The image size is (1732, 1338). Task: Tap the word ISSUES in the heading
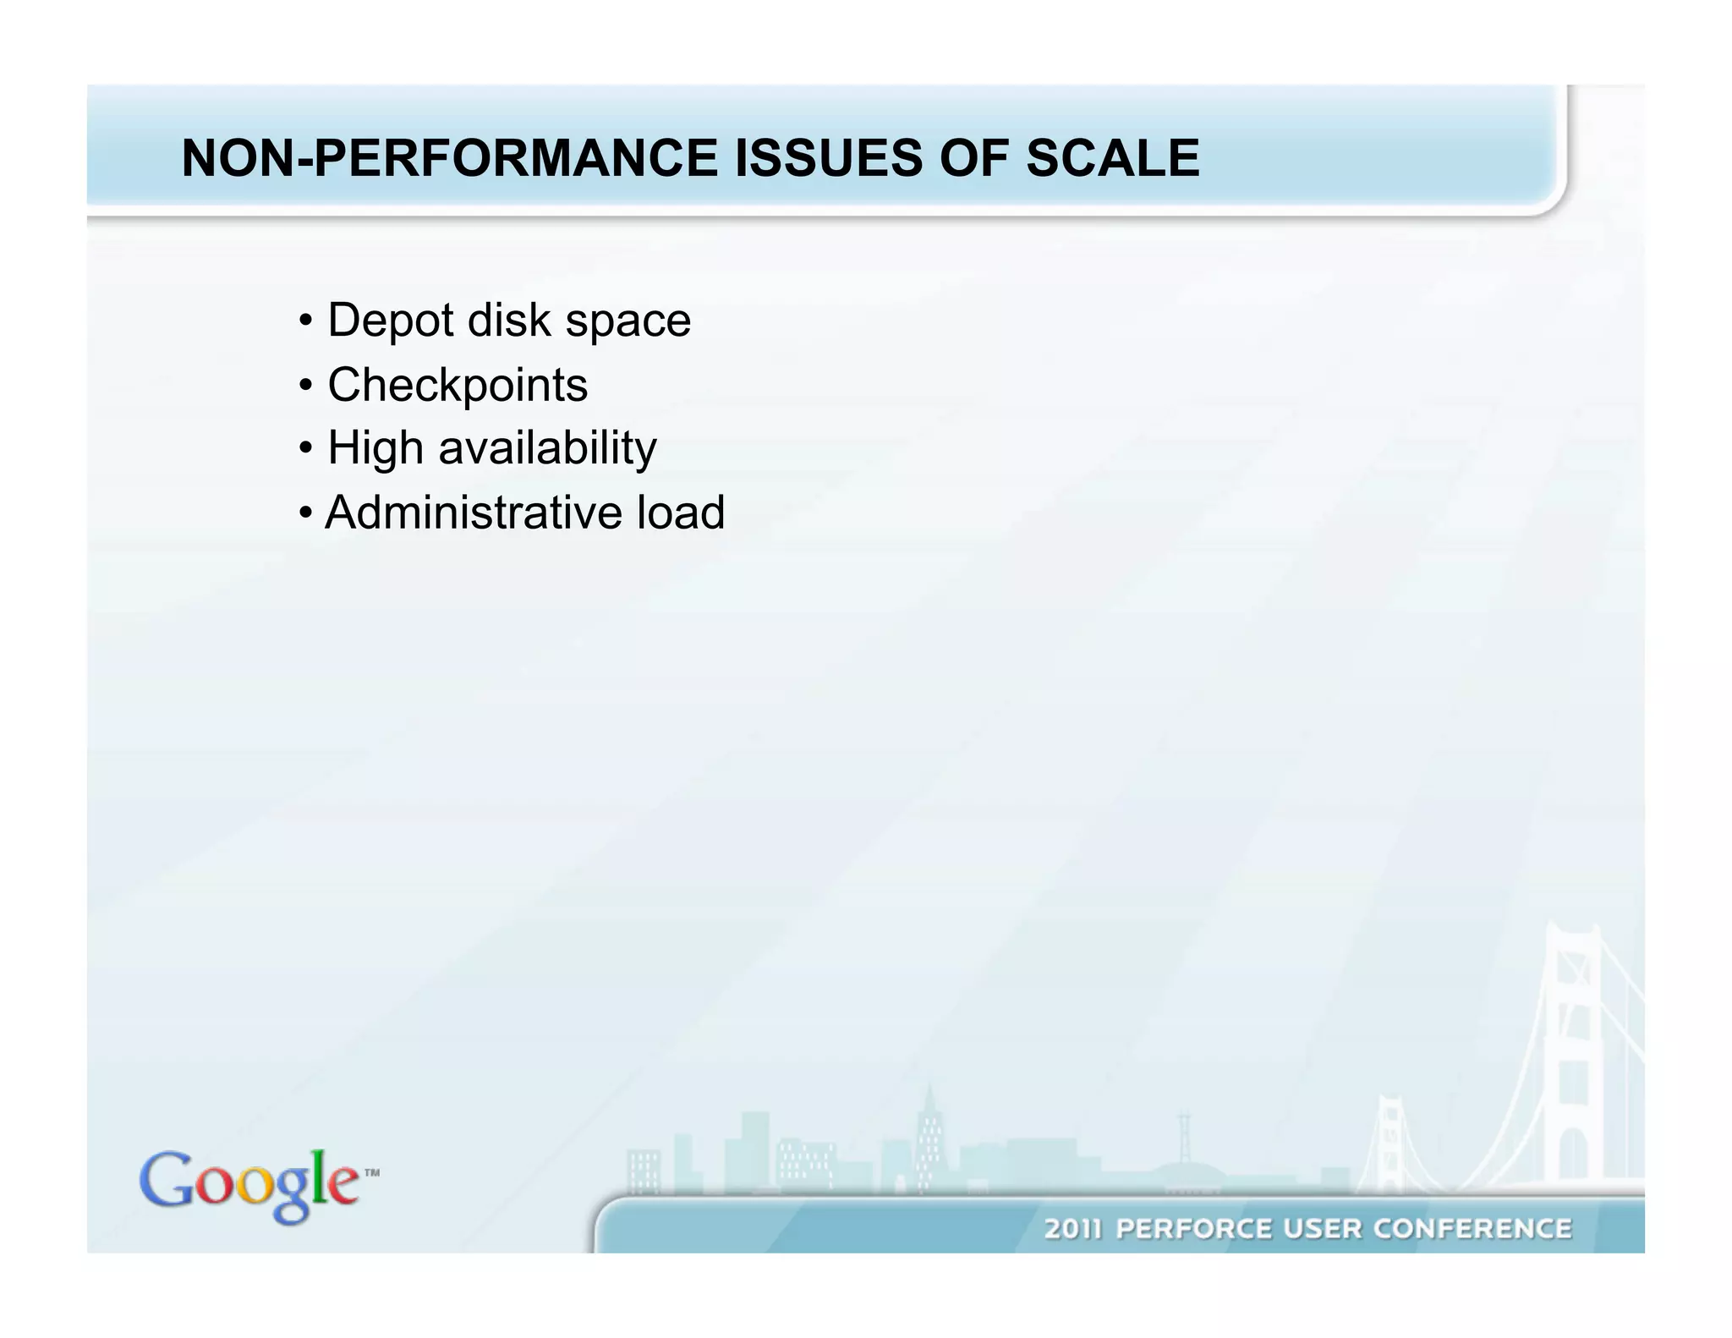click(828, 158)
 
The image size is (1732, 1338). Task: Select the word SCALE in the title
click(1112, 158)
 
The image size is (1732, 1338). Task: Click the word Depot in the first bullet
click(390, 321)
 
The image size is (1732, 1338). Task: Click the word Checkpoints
click(457, 386)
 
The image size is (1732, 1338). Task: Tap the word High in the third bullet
click(375, 448)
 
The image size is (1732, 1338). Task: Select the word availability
click(546, 448)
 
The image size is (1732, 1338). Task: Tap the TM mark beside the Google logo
click(371, 1173)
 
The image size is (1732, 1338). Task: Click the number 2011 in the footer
click(1074, 1228)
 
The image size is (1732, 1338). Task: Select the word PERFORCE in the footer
click(1193, 1228)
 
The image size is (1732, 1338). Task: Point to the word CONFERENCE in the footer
click(1472, 1228)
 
